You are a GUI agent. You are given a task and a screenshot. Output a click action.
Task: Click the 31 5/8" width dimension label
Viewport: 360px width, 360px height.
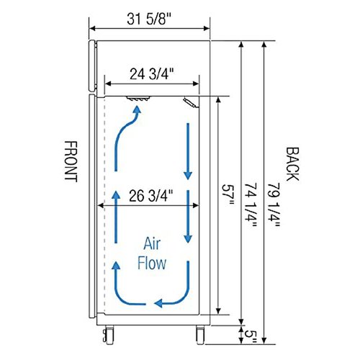[x=149, y=19]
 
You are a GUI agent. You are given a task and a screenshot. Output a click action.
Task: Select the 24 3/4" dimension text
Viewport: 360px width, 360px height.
[x=151, y=74]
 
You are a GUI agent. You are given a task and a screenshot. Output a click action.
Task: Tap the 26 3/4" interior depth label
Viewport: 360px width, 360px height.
[x=151, y=196]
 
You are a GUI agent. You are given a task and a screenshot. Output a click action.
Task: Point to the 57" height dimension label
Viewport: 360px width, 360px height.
[x=228, y=195]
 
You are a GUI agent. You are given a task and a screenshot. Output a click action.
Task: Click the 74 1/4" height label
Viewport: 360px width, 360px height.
[x=251, y=205]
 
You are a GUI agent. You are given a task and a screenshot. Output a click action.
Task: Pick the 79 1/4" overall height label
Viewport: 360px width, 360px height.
[x=274, y=205]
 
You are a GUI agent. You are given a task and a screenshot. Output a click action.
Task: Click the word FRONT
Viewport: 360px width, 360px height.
[x=71, y=161]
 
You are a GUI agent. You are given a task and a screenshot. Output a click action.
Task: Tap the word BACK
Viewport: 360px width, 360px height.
[x=292, y=164]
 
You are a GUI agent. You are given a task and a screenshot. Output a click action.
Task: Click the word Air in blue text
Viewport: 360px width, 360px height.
[x=152, y=244]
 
